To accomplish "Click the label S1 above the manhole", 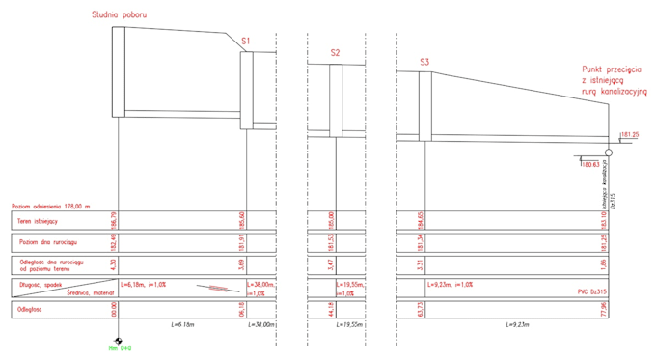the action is point(246,42).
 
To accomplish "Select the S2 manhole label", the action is point(335,53).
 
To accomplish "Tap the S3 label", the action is point(424,63).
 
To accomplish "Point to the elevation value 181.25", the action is point(628,135).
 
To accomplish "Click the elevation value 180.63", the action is point(591,165).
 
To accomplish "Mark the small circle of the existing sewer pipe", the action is point(609,152).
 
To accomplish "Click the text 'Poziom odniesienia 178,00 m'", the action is point(50,206).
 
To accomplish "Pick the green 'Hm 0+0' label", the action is point(120,349).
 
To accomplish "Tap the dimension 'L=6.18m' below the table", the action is point(182,326).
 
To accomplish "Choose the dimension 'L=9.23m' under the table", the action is point(519,326).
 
